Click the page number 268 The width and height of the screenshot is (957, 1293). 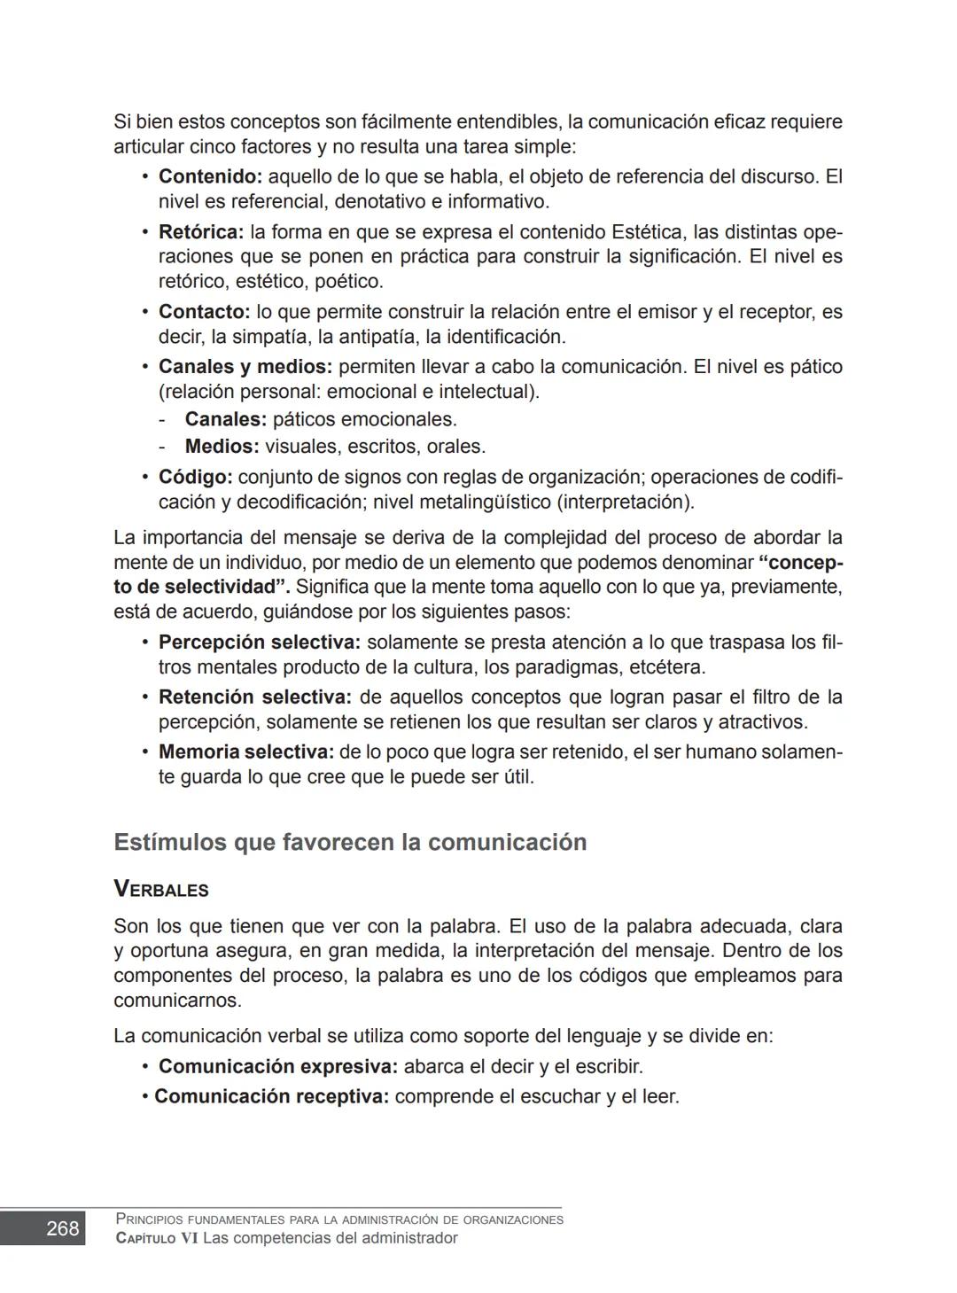tap(62, 1228)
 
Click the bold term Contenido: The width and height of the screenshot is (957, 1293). tap(210, 176)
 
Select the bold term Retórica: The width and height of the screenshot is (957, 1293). tap(200, 232)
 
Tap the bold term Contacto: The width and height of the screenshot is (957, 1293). tap(204, 312)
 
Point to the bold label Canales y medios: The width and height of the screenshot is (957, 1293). tap(245, 367)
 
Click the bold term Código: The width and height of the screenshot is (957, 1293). tap(195, 477)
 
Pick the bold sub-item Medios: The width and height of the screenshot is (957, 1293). tap(222, 447)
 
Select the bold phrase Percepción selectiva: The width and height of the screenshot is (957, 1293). tap(259, 642)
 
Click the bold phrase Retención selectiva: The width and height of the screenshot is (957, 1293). tap(254, 697)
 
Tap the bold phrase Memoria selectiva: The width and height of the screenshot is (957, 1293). tap(245, 752)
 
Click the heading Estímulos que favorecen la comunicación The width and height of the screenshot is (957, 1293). tap(350, 842)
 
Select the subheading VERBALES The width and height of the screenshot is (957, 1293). tap(161, 890)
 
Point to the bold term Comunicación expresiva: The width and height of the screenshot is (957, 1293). tap(277, 1066)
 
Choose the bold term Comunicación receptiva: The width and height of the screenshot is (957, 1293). tap(271, 1096)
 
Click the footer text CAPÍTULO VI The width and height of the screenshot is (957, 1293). tap(157, 1238)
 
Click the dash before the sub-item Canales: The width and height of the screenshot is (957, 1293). tap(163, 419)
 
